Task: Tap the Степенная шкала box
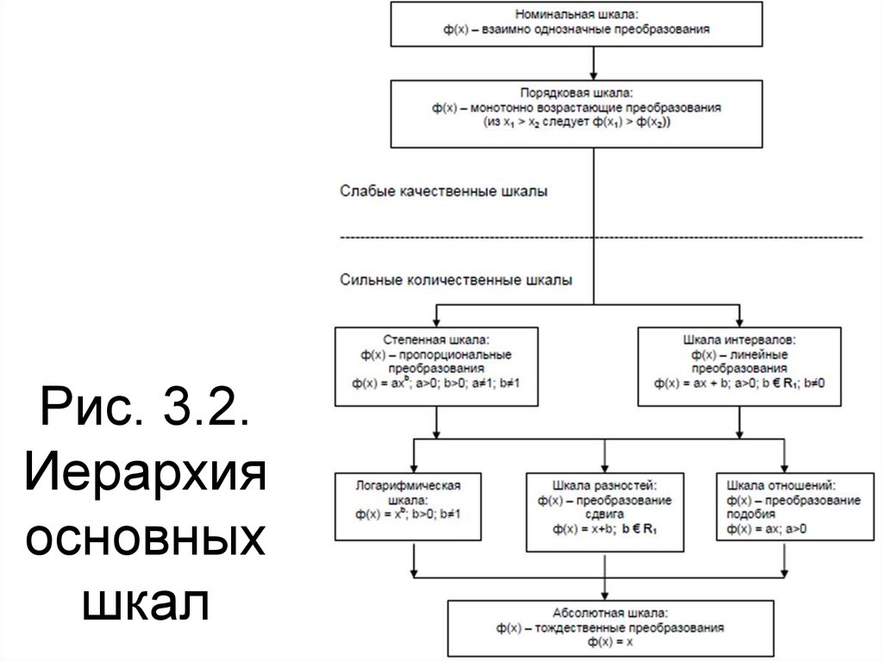[x=438, y=365]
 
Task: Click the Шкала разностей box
[x=604, y=511]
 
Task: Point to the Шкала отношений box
[x=783, y=506]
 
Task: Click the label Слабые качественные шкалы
[x=443, y=190]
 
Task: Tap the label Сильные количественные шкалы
[x=455, y=280]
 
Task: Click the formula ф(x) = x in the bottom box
[x=604, y=642]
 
